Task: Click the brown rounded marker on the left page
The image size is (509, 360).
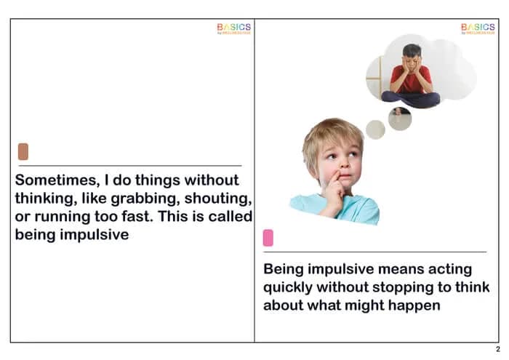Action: tap(23, 151)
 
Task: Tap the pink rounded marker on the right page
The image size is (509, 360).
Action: tap(268, 238)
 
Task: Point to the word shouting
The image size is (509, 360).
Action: tap(219, 199)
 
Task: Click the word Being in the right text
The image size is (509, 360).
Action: tap(284, 268)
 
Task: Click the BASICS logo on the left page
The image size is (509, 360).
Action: tap(233, 28)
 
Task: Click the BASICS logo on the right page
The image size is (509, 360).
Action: tap(478, 28)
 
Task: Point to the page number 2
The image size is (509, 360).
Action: tap(497, 349)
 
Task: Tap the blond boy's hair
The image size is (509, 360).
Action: tap(331, 135)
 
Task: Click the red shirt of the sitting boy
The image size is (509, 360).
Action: tap(411, 79)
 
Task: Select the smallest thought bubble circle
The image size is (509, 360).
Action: tap(375, 129)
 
